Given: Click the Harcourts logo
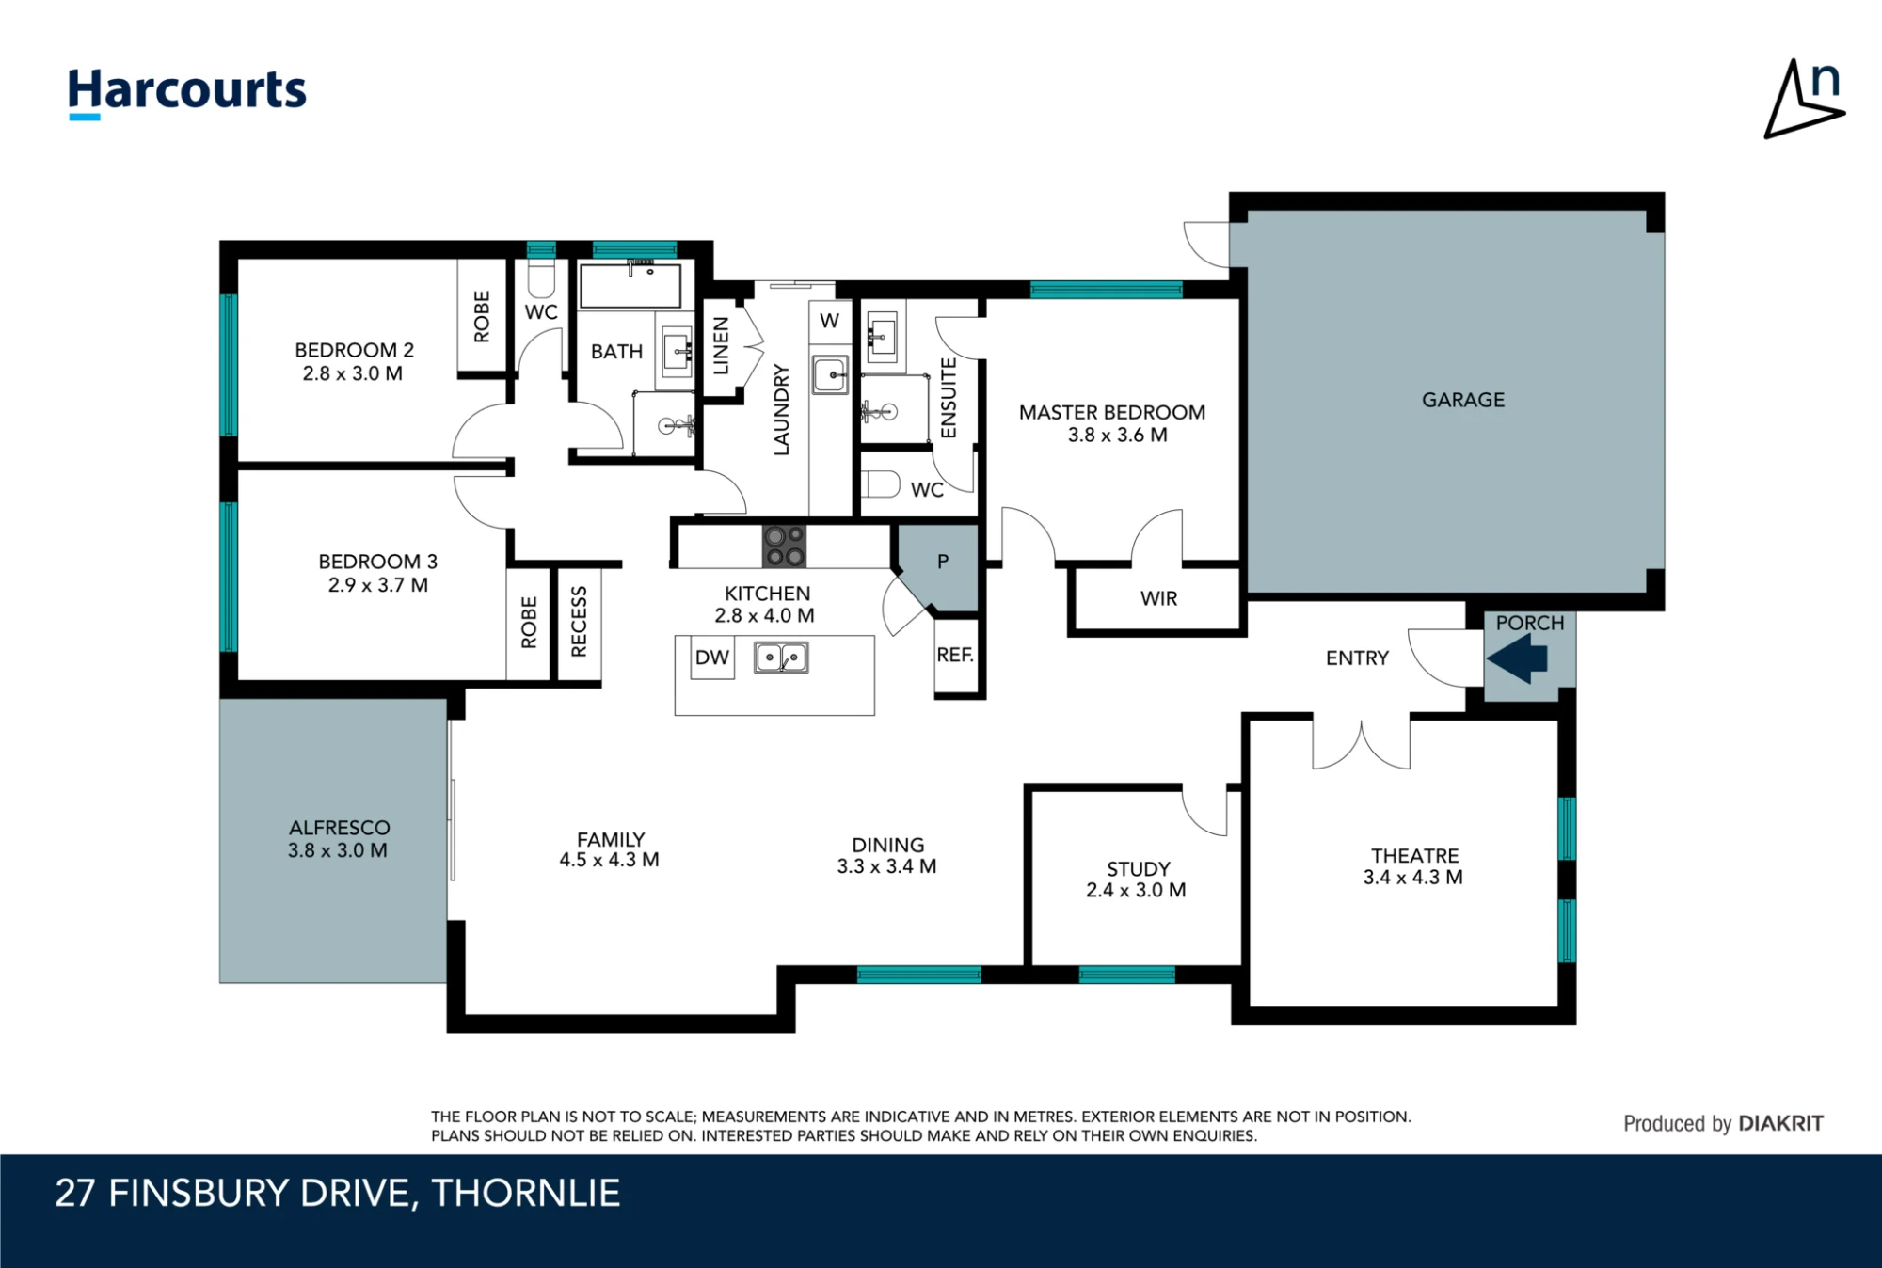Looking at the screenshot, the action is pyautogui.click(x=187, y=93).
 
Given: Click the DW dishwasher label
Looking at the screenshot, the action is pyautogui.click(x=712, y=658).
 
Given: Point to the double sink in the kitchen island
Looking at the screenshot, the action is pyautogui.click(x=781, y=657).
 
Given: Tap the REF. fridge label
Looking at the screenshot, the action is pyautogui.click(x=955, y=655).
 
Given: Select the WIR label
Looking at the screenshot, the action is pyautogui.click(x=1158, y=598).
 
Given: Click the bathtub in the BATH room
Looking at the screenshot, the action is pyautogui.click(x=630, y=286).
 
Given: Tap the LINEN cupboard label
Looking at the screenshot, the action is pyautogui.click(x=721, y=345).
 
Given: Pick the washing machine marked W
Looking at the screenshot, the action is pyautogui.click(x=830, y=321).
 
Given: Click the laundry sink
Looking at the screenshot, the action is pyautogui.click(x=831, y=375).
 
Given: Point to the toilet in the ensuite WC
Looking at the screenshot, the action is pyautogui.click(x=882, y=485).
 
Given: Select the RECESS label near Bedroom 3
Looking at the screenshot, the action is pyautogui.click(x=579, y=621).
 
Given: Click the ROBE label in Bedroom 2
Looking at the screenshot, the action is pyautogui.click(x=482, y=316).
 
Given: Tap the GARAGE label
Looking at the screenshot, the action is pyautogui.click(x=1463, y=400).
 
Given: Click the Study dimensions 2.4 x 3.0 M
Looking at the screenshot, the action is pyautogui.click(x=1136, y=890).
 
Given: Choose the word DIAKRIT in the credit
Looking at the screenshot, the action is pyautogui.click(x=1781, y=1123).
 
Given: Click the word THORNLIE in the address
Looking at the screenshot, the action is pyautogui.click(x=526, y=1193).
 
